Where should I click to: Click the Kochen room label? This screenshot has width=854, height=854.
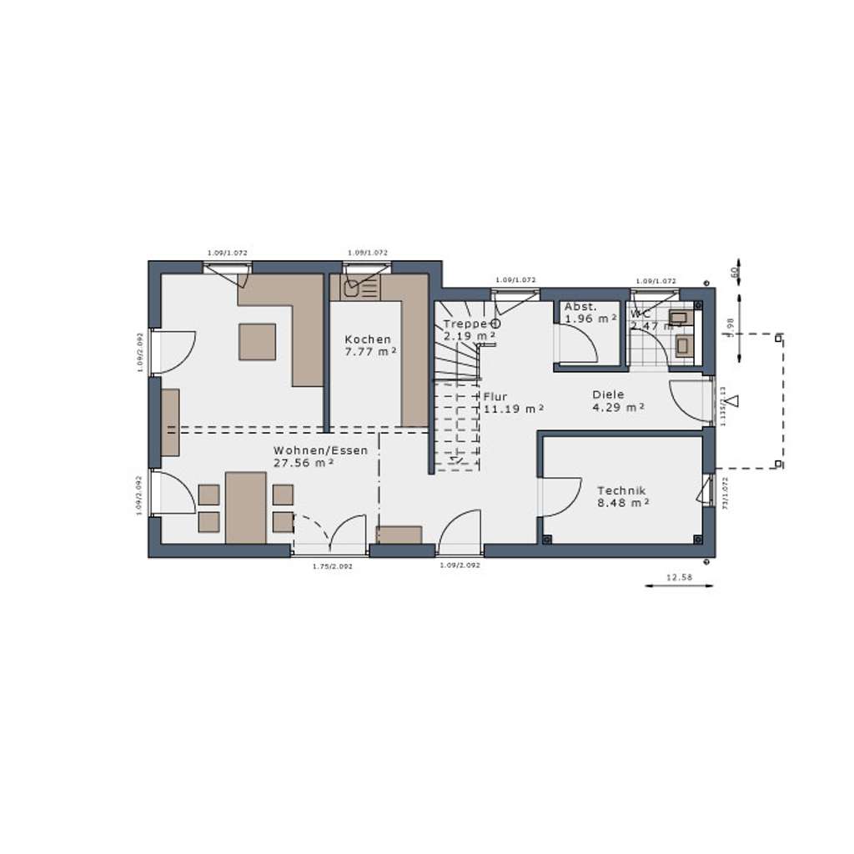coord(367,339)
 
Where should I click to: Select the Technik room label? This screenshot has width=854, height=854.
coord(621,491)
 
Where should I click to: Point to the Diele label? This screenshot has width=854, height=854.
coord(608,394)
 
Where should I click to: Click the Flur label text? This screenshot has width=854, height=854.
coord(495,397)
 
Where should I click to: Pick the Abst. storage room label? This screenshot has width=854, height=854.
coord(580,307)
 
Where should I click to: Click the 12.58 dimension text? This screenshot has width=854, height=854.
coord(680,576)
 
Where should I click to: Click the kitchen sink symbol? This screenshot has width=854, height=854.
coord(351,289)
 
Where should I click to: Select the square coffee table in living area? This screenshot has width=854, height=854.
coord(257,341)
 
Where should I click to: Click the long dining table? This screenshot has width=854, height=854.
coord(245,507)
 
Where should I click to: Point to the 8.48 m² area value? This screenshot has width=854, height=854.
coord(623,503)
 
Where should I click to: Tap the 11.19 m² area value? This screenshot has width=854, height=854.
coord(514,409)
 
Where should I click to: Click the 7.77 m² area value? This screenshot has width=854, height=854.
coord(370,351)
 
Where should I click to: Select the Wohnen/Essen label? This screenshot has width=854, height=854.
coord(320,450)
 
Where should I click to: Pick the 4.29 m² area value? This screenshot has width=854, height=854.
coord(618,407)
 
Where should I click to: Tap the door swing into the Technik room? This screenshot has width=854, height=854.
coord(561,497)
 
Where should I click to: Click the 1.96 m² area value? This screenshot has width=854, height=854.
coord(590,319)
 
